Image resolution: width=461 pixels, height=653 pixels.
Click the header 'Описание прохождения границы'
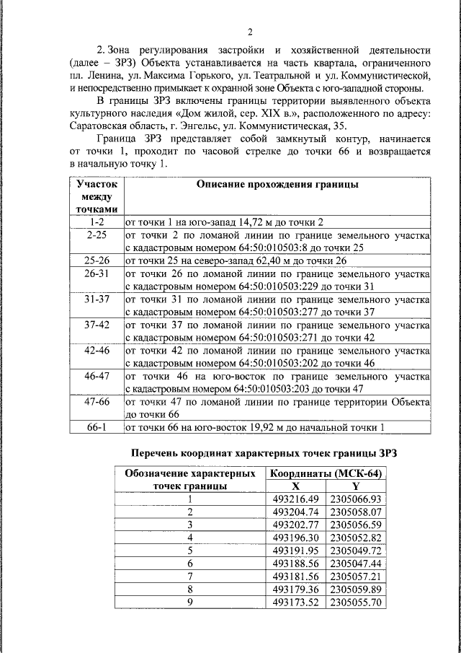(277, 185)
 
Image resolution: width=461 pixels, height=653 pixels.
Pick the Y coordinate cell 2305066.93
(355, 499)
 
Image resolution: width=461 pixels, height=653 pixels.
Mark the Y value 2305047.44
(355, 563)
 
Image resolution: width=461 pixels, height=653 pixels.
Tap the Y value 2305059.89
(355, 589)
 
